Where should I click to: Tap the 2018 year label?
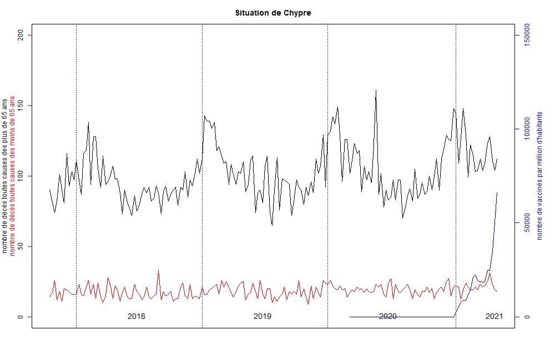137,317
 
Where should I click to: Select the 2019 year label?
263,317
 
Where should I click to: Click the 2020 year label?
388,317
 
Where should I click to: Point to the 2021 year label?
494,317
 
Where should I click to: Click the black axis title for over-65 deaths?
6,176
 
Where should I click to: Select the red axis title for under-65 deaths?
13,176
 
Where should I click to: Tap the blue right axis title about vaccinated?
539,176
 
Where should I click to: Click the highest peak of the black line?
376,90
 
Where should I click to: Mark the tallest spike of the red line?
158,271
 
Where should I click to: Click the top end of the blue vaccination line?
497,192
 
